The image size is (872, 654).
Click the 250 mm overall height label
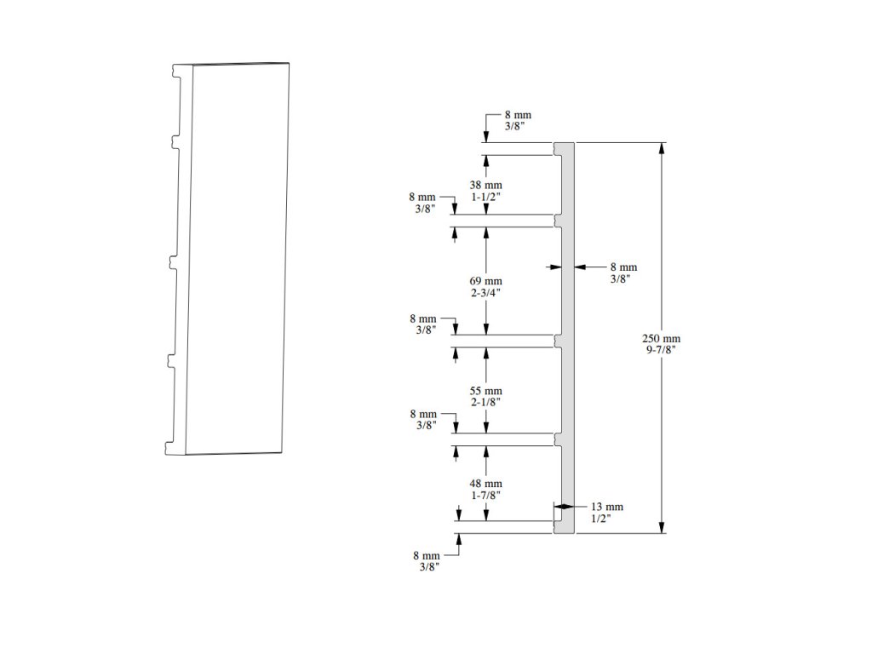point(661,338)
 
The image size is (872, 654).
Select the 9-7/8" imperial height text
point(661,350)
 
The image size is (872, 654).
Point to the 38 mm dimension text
point(486,185)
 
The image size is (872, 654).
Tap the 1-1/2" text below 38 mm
point(486,197)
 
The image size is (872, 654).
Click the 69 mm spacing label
point(486,281)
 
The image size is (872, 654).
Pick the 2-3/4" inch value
point(486,293)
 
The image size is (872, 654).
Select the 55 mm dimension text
point(486,391)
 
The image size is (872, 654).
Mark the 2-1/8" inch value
point(486,402)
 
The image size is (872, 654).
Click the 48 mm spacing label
point(486,484)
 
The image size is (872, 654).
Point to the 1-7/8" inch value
point(486,495)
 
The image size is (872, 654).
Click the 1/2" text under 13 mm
point(601,518)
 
